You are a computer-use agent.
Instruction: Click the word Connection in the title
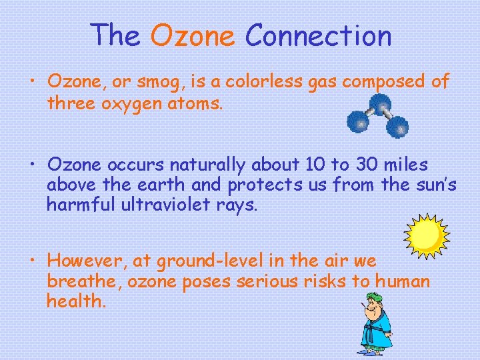(318, 36)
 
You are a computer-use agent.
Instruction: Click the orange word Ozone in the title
(193, 36)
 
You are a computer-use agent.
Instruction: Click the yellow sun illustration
(427, 235)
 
